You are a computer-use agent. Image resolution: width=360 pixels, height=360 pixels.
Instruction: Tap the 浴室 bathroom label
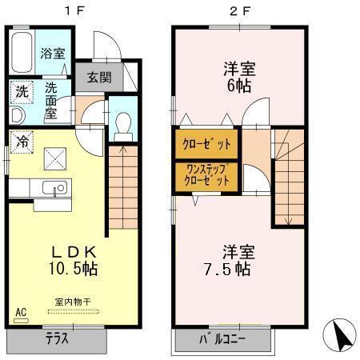pyautogui.click(x=53, y=54)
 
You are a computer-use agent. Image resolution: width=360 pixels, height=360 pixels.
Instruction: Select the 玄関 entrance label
pyautogui.click(x=99, y=78)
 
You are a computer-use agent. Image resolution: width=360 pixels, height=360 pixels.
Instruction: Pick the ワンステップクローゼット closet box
pyautogui.click(x=206, y=175)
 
